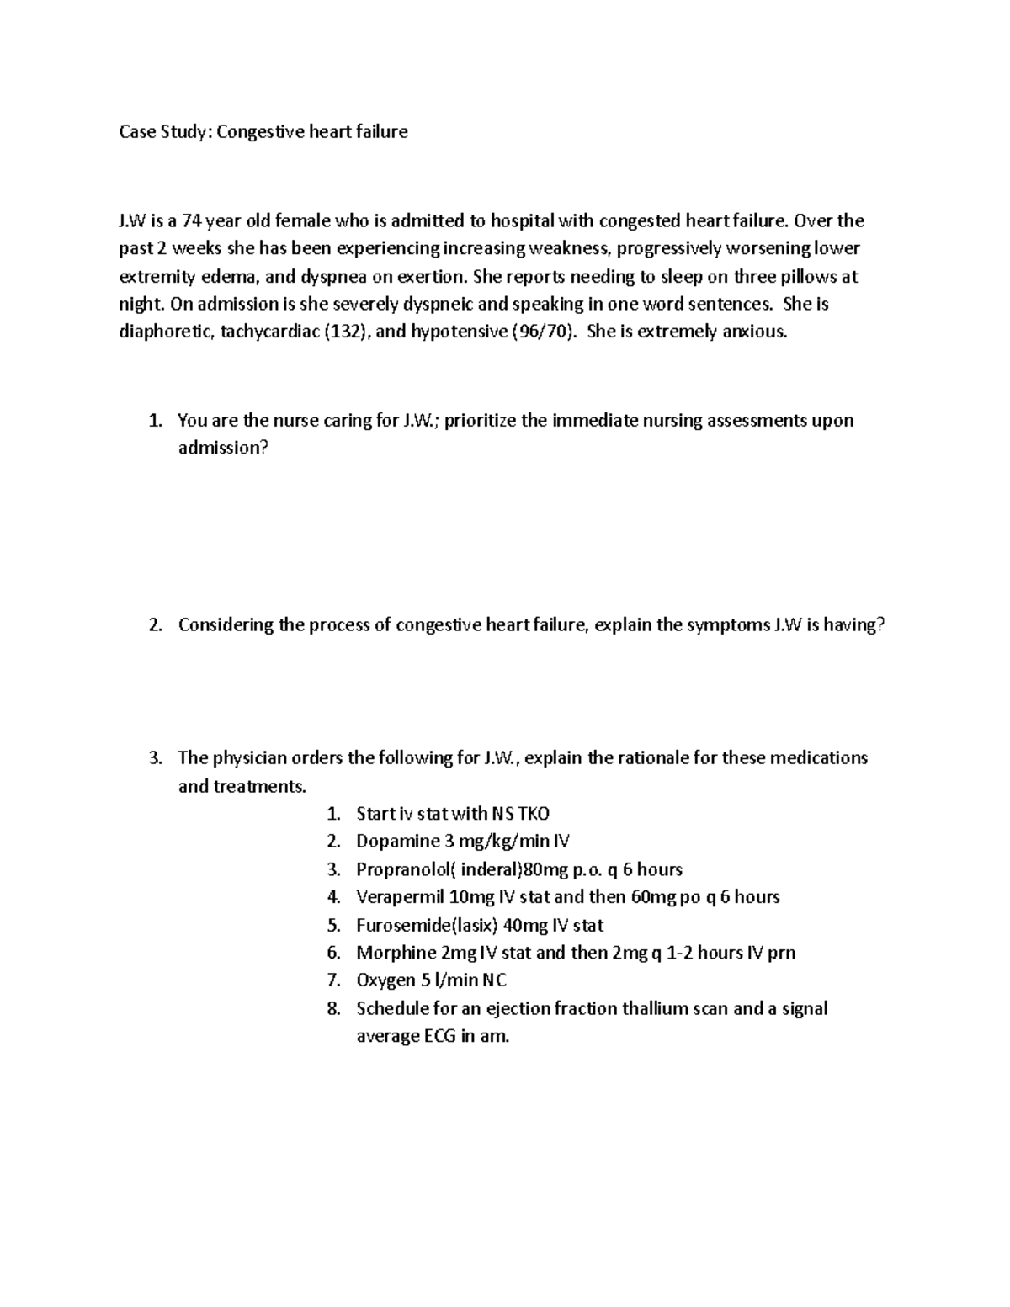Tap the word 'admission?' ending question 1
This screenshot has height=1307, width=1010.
223,448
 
